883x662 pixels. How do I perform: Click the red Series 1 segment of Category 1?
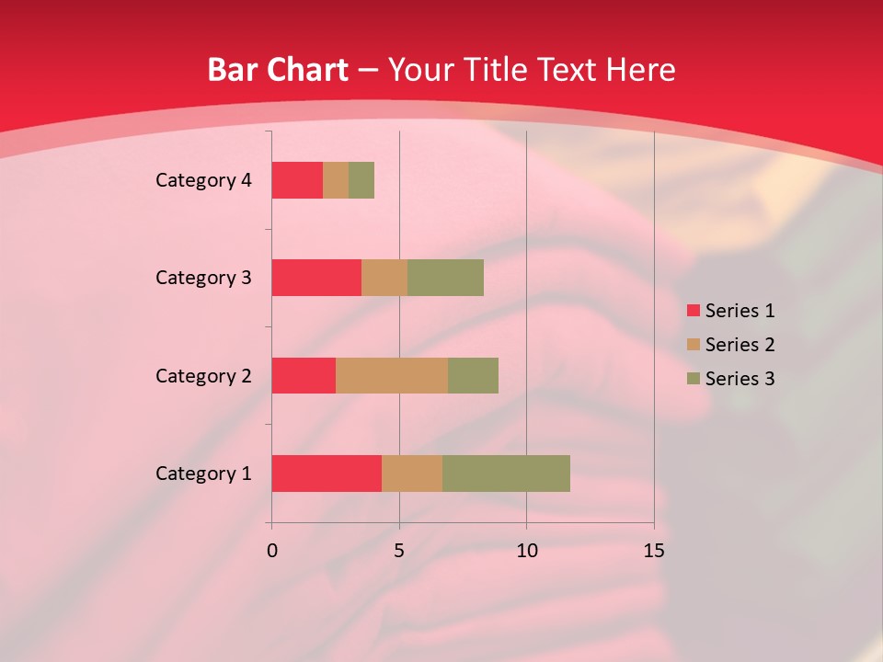coord(327,474)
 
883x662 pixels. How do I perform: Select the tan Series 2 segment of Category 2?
coord(392,375)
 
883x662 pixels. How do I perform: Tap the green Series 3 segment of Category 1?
coord(506,474)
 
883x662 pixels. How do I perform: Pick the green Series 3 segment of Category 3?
coord(445,278)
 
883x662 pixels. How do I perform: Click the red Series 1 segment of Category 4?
coord(297,180)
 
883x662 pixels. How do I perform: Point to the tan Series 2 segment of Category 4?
coord(336,180)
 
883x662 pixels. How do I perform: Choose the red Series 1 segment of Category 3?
coord(316,278)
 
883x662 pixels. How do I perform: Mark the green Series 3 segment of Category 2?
coord(473,375)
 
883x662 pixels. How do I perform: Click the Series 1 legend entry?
coord(730,311)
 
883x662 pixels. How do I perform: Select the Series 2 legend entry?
coord(730,345)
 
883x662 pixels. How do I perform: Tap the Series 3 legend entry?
coord(730,379)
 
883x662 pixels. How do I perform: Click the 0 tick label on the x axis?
coord(272,551)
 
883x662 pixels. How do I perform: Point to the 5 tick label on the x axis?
coord(399,551)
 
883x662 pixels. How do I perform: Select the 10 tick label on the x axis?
coord(526,551)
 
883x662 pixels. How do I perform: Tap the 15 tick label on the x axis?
coord(653,551)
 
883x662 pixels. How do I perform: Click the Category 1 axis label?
coord(203,474)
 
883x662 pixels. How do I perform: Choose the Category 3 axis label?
coord(203,278)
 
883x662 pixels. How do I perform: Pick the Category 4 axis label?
coord(203,180)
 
